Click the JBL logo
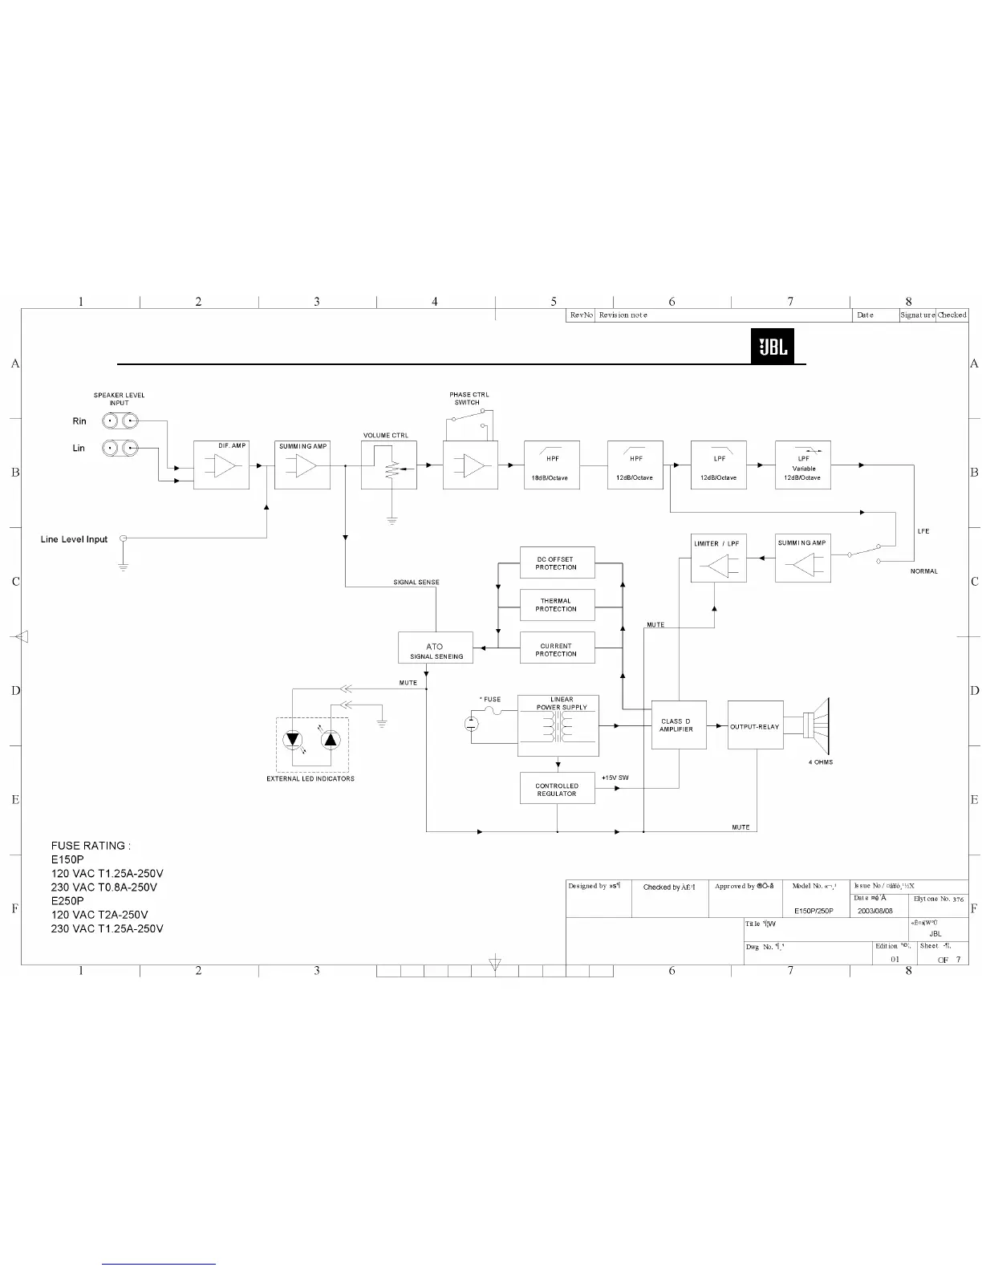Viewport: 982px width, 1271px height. click(x=773, y=347)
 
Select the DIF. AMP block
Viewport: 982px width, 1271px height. click(x=221, y=465)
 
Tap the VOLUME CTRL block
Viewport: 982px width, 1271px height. click(x=389, y=465)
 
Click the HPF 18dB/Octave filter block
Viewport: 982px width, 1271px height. click(x=551, y=465)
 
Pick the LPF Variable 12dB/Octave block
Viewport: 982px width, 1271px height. click(x=802, y=465)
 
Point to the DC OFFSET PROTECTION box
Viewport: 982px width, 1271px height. click(x=557, y=563)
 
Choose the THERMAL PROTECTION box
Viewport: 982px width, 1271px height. click(x=557, y=605)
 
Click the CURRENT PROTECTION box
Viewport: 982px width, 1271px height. click(x=557, y=649)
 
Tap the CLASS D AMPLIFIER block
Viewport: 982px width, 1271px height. click(x=679, y=725)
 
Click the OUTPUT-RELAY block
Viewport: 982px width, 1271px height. click(x=755, y=725)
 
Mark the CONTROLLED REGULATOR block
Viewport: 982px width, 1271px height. click(x=557, y=790)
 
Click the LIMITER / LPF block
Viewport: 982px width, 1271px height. click(x=718, y=559)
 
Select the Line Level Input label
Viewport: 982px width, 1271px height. click(x=74, y=539)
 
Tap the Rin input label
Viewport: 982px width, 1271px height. click(x=79, y=421)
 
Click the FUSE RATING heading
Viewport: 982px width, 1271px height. click(x=91, y=846)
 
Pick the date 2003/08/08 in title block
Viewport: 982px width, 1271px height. click(x=875, y=912)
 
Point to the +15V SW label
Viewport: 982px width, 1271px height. click(x=615, y=778)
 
